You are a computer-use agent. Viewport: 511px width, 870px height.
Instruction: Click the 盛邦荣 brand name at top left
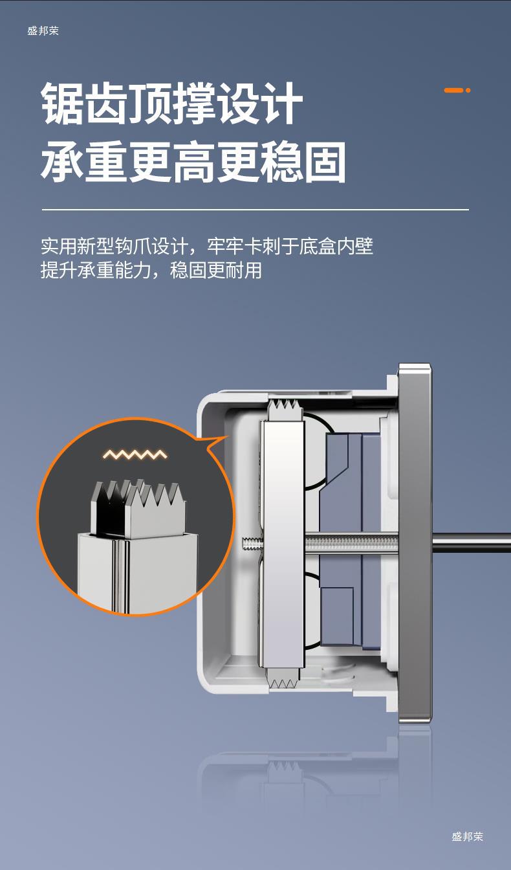click(x=43, y=30)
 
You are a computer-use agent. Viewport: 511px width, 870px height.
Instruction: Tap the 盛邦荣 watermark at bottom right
click(x=467, y=836)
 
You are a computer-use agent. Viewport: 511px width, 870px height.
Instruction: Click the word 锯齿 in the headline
click(x=85, y=104)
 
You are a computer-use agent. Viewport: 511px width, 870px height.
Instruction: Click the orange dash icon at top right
click(x=457, y=90)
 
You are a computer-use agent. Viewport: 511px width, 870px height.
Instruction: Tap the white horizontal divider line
click(x=255, y=210)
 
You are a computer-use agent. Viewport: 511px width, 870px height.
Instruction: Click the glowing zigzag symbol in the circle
click(x=135, y=454)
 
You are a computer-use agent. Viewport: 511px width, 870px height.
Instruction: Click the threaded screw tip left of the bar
click(x=251, y=544)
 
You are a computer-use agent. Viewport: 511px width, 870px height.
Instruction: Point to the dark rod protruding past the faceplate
click(x=471, y=542)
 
